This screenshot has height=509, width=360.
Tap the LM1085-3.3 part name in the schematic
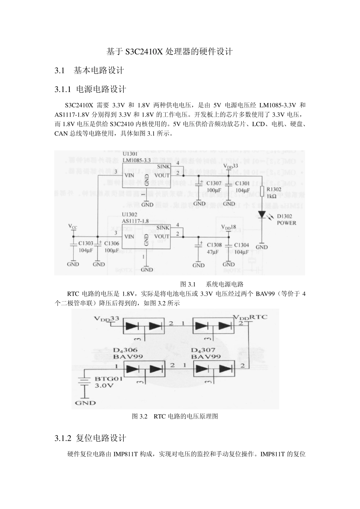point(136,160)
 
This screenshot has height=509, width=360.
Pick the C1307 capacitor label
point(214,184)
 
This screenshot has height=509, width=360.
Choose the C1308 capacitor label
point(214,245)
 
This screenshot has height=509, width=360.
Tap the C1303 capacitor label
point(86,244)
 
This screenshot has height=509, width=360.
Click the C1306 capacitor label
point(111,244)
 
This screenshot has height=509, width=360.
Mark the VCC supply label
point(73,226)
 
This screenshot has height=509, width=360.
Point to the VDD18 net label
point(229,227)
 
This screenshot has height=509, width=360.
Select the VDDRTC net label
point(250,317)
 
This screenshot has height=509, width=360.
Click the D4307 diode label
point(206,350)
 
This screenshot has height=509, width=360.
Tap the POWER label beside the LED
point(286,223)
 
